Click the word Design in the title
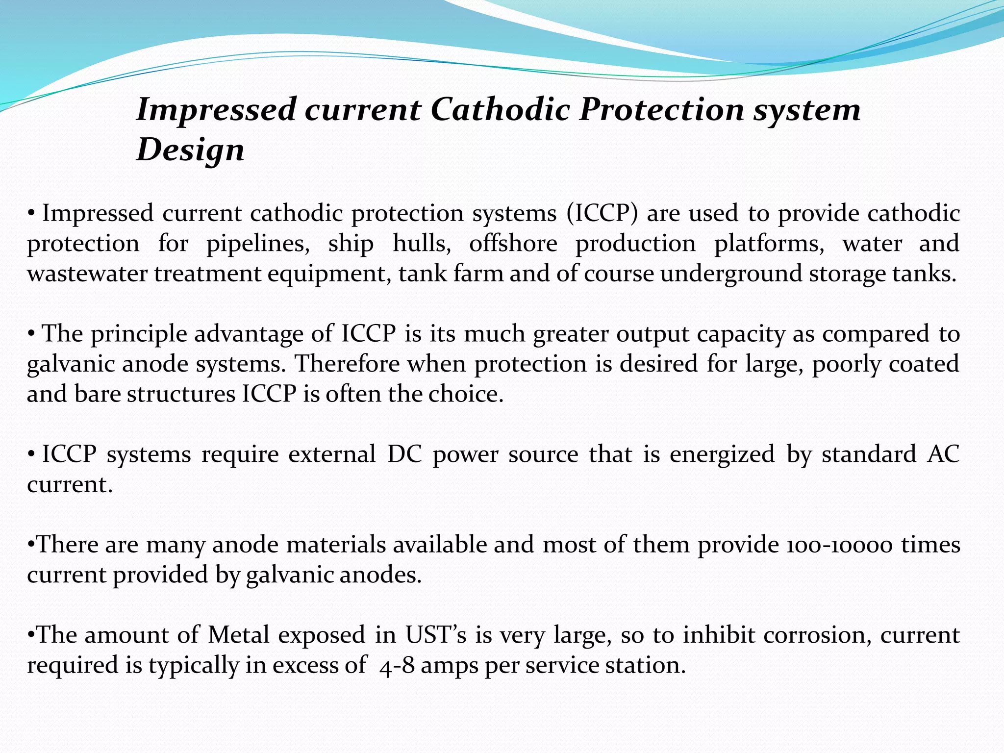pos(190,150)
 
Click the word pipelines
pos(258,244)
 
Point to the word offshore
pos(513,244)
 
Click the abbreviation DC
pos(405,454)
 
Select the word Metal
pos(239,635)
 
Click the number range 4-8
pos(395,666)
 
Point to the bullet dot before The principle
pos(31,334)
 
